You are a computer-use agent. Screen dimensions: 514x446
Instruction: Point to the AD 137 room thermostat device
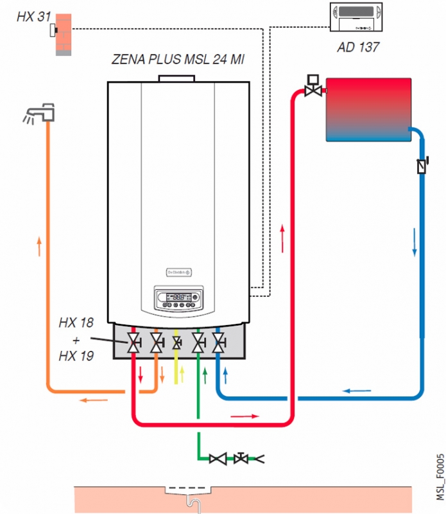click(x=358, y=17)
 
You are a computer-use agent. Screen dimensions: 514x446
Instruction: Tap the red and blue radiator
click(x=368, y=109)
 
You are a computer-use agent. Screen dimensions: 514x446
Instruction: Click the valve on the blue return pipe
click(x=421, y=165)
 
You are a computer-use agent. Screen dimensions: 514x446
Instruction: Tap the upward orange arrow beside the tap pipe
click(x=39, y=247)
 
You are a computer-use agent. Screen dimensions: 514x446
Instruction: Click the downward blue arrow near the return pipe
click(x=415, y=242)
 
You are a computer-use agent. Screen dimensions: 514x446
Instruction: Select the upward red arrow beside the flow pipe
click(x=282, y=238)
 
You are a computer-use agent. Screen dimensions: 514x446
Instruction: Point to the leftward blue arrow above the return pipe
click(x=356, y=390)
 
